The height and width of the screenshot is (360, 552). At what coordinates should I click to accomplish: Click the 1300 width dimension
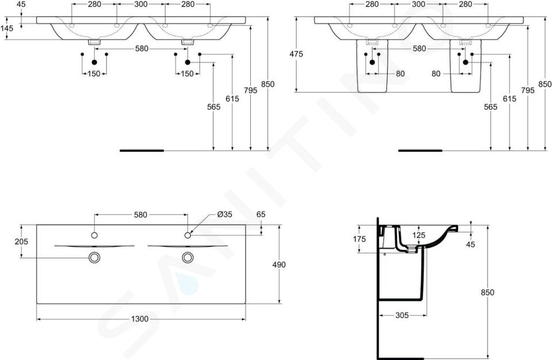click(140, 319)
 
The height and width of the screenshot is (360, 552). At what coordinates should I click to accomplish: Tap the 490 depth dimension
click(279, 264)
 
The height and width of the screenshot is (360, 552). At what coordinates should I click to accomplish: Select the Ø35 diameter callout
click(225, 214)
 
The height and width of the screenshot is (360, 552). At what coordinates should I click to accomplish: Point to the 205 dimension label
click(21, 242)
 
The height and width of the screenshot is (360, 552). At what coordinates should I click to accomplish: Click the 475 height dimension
click(296, 54)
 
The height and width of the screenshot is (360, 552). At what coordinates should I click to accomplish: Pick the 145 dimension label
click(7, 28)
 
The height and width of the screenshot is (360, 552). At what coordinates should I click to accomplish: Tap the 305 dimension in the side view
click(402, 315)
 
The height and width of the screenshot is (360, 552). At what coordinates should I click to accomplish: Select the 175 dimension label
click(359, 239)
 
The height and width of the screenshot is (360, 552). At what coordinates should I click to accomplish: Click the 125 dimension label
click(419, 235)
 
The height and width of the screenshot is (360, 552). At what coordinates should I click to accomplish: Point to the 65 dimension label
click(261, 214)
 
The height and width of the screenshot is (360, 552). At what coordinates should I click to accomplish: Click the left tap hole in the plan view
click(94, 235)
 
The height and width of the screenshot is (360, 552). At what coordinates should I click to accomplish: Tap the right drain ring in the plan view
click(187, 257)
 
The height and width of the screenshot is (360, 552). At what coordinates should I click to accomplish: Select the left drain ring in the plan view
click(94, 257)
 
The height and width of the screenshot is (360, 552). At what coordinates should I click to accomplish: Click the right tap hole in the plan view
click(187, 235)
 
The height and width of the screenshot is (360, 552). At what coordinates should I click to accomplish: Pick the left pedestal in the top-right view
click(373, 66)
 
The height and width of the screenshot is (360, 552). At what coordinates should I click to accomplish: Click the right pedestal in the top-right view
click(465, 66)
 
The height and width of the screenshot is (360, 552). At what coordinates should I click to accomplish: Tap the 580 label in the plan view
click(140, 215)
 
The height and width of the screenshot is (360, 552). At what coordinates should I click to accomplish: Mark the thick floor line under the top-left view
click(142, 150)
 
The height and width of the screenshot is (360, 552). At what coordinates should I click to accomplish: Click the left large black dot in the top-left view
click(94, 62)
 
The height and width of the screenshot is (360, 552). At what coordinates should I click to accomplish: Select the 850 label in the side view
click(488, 292)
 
